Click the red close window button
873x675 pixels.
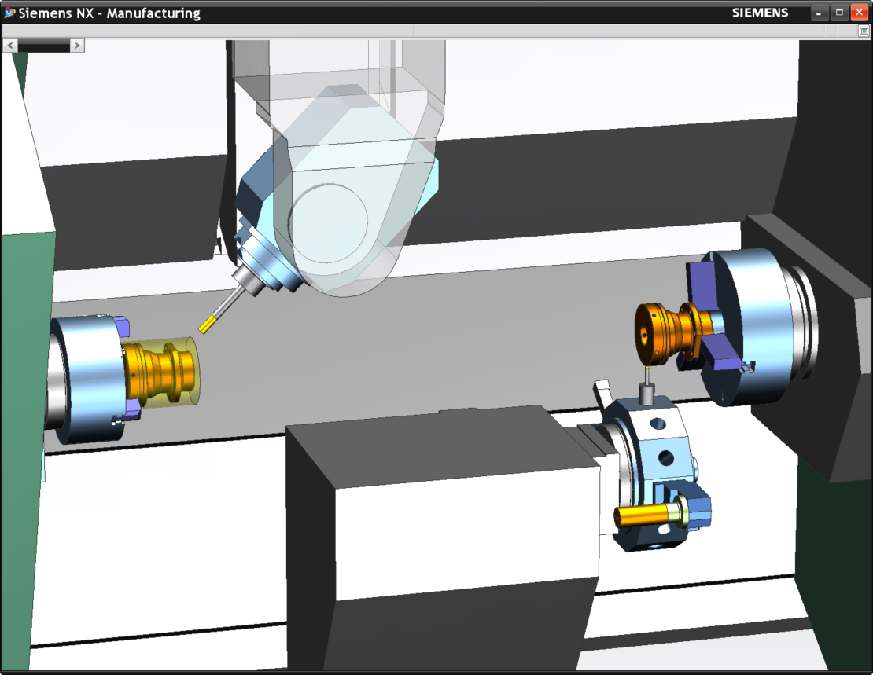coord(858,13)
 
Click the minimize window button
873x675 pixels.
coord(820,13)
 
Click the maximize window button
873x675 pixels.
coord(839,13)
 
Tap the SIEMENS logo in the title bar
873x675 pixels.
coord(760,13)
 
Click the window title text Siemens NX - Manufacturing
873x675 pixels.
coord(109,13)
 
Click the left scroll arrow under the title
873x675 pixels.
coord(10,46)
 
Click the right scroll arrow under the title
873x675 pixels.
coord(76,46)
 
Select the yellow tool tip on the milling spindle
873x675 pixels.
coord(208,323)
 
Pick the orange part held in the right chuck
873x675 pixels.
coord(665,331)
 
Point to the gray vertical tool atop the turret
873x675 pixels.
coord(647,392)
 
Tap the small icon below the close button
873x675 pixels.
coord(864,31)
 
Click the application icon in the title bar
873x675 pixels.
coord(9,13)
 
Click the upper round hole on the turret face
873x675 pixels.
coord(658,424)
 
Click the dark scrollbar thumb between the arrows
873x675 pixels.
coord(43,46)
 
